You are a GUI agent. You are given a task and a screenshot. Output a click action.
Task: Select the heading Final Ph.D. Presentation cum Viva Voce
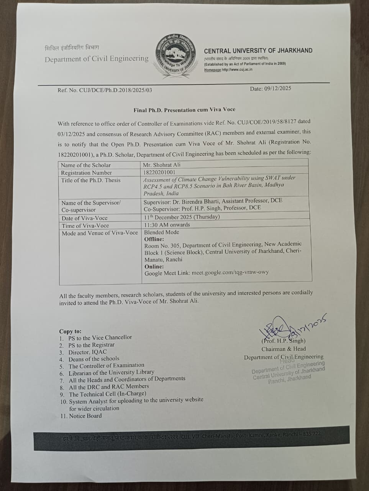(184, 110)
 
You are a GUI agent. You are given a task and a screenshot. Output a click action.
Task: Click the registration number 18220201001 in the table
(159, 172)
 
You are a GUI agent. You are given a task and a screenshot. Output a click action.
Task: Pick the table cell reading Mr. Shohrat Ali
(161, 165)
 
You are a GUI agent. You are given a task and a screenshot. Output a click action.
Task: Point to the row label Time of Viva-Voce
(85, 226)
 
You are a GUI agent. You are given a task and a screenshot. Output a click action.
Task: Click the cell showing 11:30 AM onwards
(167, 225)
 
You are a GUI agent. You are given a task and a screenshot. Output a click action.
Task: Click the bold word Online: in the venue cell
(154, 267)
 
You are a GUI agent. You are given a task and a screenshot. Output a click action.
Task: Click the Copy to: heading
(70, 331)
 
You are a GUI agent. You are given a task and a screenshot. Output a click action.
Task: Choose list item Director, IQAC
(87, 352)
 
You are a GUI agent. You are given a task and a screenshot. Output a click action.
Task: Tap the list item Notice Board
(85, 416)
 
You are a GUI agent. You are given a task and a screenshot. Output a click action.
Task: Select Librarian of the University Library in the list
(111, 372)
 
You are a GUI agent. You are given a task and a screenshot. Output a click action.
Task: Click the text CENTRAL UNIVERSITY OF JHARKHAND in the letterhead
(258, 51)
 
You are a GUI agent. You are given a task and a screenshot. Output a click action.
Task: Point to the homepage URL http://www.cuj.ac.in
(237, 70)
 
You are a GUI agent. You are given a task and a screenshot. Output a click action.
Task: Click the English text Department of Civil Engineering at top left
(97, 59)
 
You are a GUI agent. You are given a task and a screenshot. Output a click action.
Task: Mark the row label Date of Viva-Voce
(85, 218)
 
